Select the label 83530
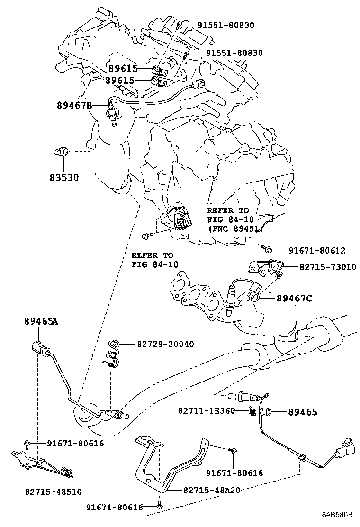(x=64, y=178)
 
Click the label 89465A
(x=41, y=321)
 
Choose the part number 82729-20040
(x=159, y=344)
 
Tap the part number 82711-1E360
(x=207, y=410)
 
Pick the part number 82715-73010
(x=327, y=267)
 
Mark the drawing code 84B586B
(x=338, y=514)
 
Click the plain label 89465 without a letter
(x=303, y=412)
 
